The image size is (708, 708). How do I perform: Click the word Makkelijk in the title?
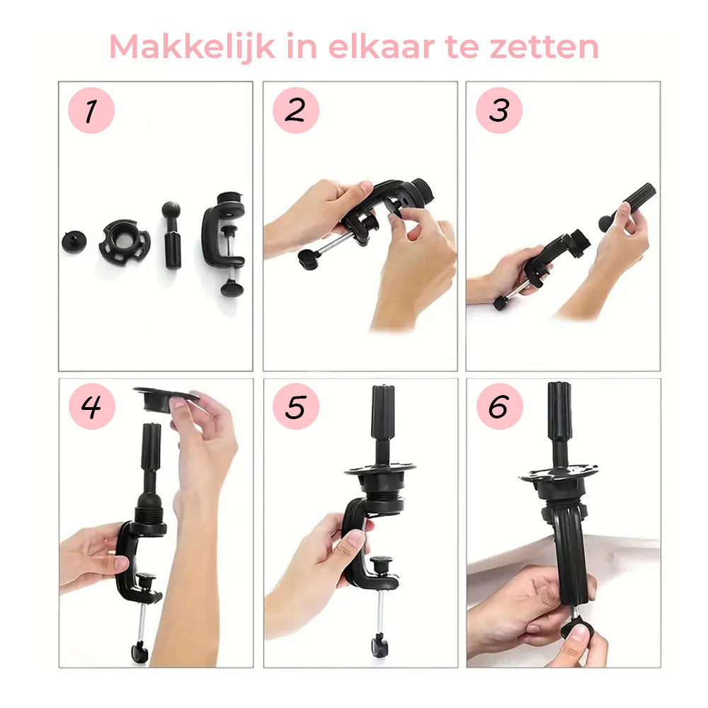tap(183, 47)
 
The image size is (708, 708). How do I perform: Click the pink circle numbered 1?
tap(91, 110)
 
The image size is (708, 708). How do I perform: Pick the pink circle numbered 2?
tap(295, 110)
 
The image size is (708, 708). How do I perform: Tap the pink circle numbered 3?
tap(498, 110)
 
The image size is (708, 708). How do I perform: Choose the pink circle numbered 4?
tap(91, 406)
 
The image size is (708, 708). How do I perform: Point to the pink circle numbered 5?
tap(295, 406)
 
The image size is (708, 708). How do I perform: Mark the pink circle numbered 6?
tap(498, 406)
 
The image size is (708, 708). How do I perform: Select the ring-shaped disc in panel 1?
tap(124, 242)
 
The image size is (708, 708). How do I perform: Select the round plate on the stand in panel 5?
tap(380, 469)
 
